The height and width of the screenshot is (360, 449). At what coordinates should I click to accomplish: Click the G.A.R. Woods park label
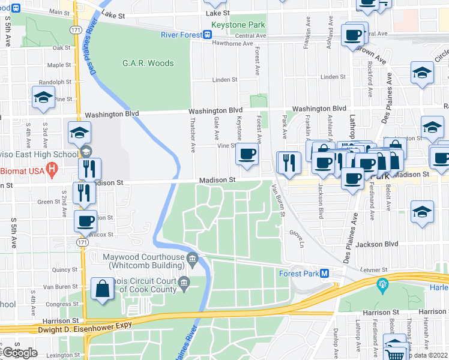148,63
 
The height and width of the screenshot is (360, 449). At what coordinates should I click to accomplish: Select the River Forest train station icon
208,35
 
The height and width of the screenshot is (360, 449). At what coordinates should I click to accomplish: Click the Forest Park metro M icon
325,273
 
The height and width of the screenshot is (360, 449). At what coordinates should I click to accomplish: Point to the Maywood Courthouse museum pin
192,260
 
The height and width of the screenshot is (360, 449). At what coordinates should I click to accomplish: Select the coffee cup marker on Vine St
246,155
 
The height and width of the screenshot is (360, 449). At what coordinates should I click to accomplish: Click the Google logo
20,352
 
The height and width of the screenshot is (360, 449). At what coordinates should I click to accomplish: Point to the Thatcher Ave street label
193,137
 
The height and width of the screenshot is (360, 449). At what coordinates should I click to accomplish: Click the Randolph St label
55,82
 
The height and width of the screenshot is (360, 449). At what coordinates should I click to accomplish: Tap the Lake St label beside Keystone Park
217,13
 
